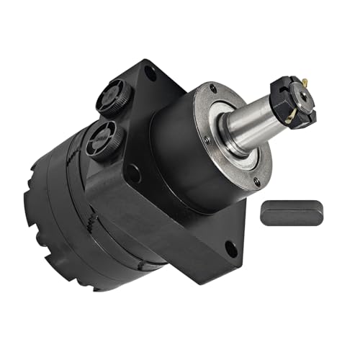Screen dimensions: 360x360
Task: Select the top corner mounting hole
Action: coord(150,72)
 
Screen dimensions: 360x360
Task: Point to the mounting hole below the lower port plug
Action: coord(133,173)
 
